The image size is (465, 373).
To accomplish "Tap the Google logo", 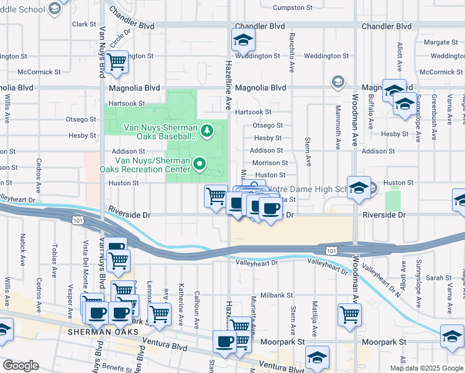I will [x=21, y=366].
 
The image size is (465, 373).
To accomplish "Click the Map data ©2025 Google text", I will [x=426, y=368].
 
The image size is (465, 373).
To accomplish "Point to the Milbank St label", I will [x=276, y=295].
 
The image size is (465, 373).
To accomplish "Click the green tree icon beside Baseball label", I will [x=208, y=131].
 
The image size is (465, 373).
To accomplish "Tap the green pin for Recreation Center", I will [x=200, y=164].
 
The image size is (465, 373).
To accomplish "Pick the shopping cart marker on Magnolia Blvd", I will [x=116, y=62].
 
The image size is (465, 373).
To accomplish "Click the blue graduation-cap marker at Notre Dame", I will [x=359, y=187].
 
